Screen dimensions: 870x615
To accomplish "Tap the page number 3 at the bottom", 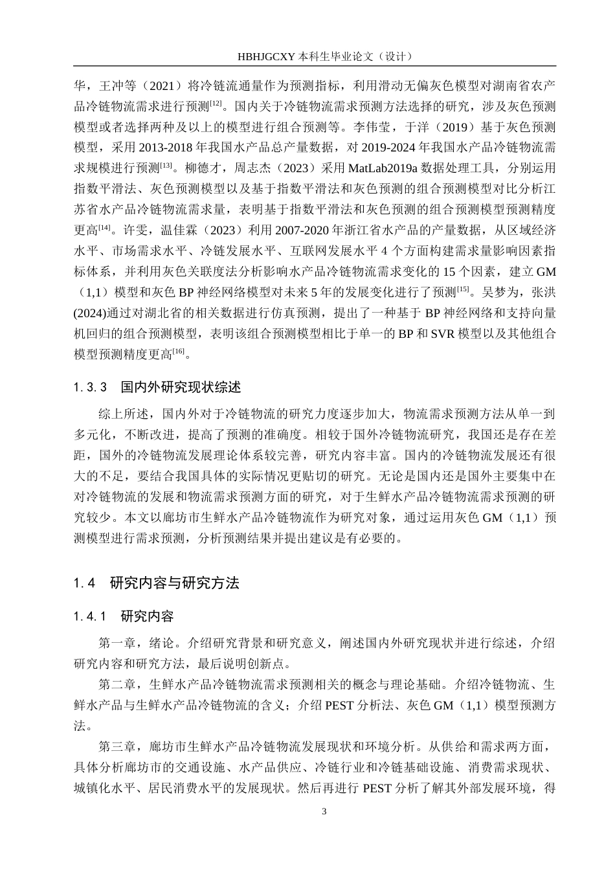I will click(x=325, y=811).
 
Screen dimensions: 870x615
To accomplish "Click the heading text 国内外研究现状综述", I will click(x=181, y=388).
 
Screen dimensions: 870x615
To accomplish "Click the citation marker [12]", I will click(x=216, y=102).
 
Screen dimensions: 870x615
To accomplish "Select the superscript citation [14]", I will click(x=105, y=227).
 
